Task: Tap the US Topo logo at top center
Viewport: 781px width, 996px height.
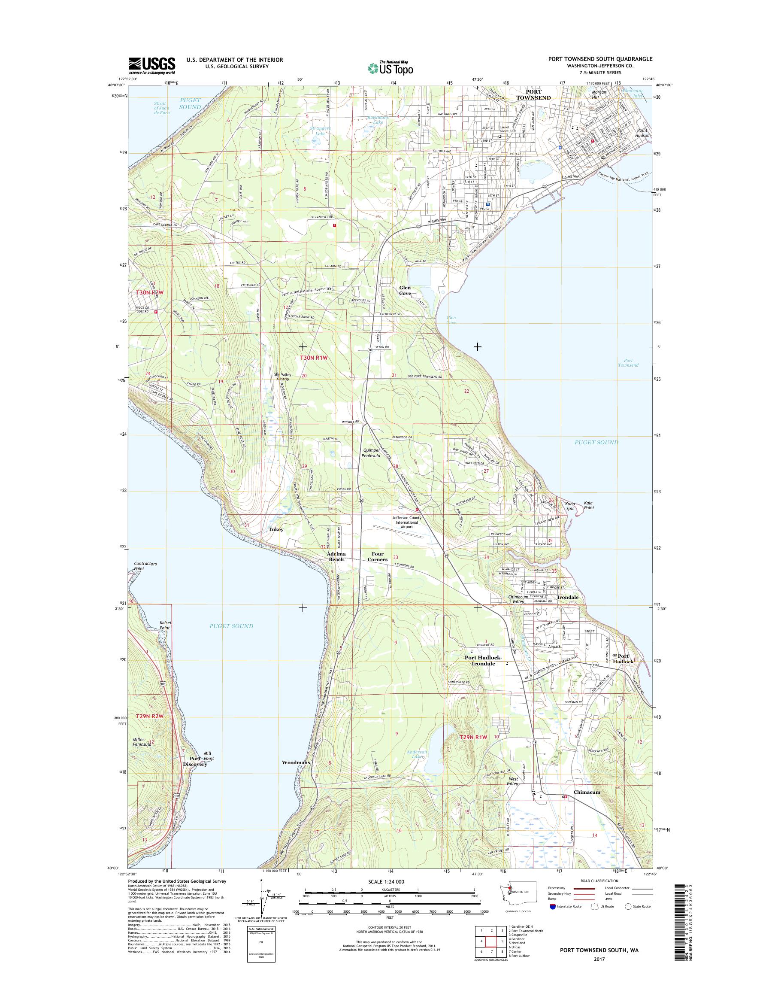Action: [390, 68]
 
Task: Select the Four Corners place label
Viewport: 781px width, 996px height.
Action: [378, 556]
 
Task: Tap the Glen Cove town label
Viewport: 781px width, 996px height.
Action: [405, 290]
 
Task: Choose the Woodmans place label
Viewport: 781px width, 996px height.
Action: [296, 762]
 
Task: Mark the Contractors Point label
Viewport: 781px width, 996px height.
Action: [145, 566]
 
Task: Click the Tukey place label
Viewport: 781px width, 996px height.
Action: [276, 529]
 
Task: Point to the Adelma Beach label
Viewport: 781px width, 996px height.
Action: [336, 556]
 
